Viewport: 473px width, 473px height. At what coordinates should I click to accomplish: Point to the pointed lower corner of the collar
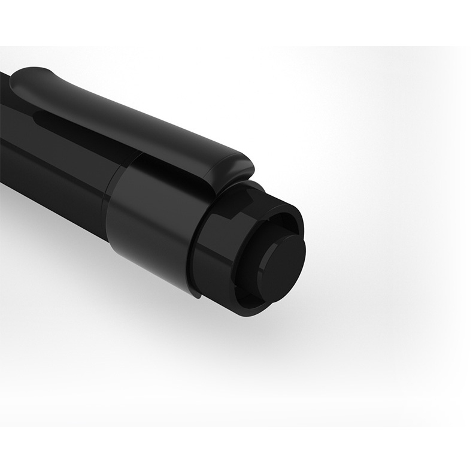pos(196,295)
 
